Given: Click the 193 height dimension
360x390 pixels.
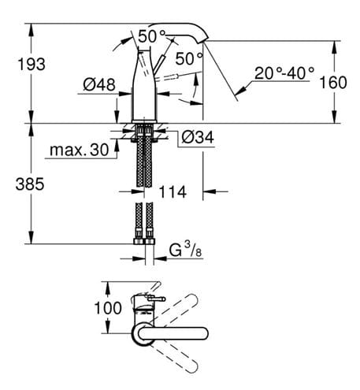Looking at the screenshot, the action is coord(32,65).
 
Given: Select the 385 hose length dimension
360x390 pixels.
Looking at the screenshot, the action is coord(30,184).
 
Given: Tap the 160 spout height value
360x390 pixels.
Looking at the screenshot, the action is coord(333,83).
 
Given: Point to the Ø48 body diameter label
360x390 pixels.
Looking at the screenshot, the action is coord(99,84).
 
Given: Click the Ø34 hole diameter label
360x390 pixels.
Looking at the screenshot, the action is coord(198,137).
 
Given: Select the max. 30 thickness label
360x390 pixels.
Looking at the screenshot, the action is coord(79,150).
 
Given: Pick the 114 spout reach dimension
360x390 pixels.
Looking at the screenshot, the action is coord(173,192).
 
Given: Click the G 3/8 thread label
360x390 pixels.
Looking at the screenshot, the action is coord(185,250).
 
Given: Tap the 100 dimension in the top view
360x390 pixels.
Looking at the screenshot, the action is coord(108,308).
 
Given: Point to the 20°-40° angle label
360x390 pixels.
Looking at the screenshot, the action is coord(284,73).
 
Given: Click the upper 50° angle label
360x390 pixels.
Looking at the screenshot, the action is coord(152,36).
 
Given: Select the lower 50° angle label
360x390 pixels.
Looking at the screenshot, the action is coord(189,58).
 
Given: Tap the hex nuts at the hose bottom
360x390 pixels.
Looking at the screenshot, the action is coord(144,241).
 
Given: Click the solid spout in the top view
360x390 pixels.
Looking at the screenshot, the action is coord(173,333).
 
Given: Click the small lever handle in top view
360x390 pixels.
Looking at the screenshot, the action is coord(157,299).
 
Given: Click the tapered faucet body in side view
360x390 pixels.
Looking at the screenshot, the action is coord(144,84).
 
